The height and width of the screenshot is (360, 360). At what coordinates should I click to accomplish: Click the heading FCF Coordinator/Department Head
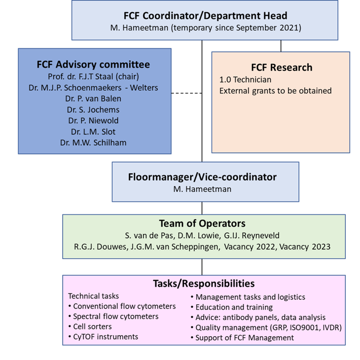coord(205,16)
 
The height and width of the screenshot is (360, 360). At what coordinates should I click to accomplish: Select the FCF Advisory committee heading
coord(93,64)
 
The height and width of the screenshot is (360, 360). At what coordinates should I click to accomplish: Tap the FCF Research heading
coord(281,67)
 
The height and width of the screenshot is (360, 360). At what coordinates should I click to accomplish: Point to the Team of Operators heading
coord(202,223)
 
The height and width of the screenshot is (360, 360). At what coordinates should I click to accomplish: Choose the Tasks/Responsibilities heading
coord(204,283)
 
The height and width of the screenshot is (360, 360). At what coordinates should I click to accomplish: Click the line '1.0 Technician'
coord(245,80)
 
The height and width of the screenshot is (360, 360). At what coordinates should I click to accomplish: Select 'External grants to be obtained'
coord(275,91)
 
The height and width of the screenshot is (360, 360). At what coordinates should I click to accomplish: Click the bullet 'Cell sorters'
coord(92,327)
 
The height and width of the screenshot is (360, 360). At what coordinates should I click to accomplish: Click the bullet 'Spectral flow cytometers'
coord(116,316)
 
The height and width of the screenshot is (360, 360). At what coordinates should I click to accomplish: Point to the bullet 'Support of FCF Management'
coord(244,338)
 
